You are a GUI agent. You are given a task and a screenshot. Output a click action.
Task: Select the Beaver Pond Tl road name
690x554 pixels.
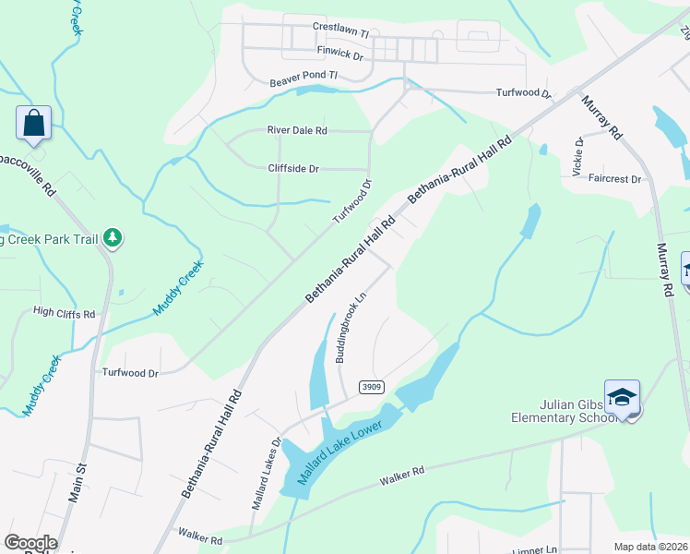[x=303, y=81]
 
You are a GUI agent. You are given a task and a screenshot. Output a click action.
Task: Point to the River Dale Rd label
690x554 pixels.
[x=297, y=131]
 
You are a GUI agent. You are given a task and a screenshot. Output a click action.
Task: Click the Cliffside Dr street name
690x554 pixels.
[x=292, y=169]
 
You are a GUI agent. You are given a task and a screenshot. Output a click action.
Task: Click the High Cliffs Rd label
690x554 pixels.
[x=64, y=314]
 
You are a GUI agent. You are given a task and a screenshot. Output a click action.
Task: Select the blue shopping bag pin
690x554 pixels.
[x=33, y=123]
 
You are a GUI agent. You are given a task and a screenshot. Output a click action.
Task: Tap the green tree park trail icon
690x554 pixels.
[x=113, y=239]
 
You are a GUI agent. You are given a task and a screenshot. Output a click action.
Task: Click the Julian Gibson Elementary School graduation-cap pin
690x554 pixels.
[x=623, y=397]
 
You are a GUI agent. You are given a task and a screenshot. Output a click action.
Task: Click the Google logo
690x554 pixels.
[x=30, y=543]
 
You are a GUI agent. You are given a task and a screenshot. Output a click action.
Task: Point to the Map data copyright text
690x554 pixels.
[x=651, y=547]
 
